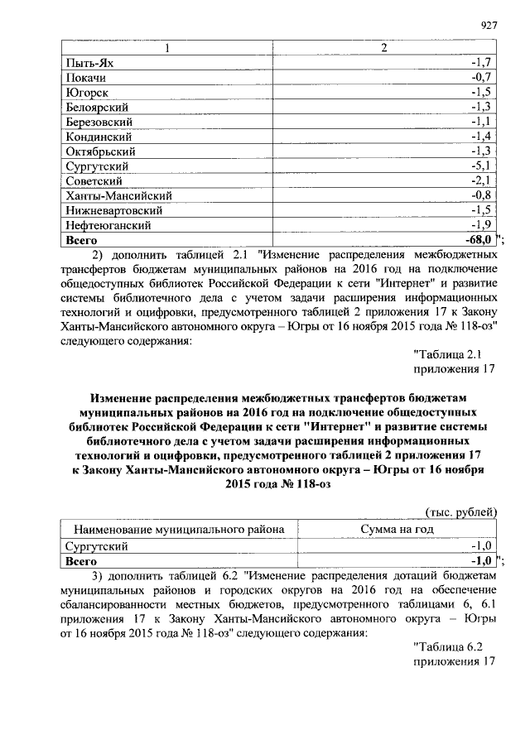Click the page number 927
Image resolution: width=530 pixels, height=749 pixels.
(x=488, y=26)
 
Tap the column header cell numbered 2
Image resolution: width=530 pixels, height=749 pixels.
(x=383, y=48)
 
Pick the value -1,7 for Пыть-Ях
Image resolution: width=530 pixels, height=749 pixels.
(x=482, y=63)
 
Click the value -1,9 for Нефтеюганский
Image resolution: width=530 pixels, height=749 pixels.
(x=482, y=225)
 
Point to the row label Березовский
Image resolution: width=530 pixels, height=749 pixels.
(x=100, y=122)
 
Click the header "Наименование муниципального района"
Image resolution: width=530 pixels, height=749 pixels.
(x=180, y=530)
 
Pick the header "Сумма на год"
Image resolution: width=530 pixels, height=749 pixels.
(x=397, y=530)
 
